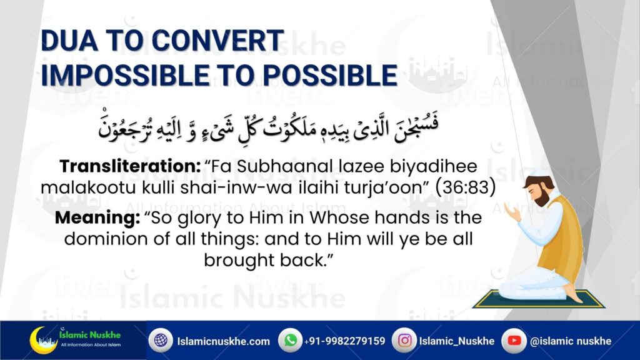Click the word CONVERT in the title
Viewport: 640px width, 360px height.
tap(218, 41)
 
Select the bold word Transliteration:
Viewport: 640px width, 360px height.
tap(130, 166)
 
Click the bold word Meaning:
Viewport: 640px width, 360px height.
tap(97, 217)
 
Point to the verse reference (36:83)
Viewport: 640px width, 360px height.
tap(466, 187)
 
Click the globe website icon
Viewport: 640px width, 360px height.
tap(161, 340)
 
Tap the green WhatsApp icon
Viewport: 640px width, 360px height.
tap(290, 340)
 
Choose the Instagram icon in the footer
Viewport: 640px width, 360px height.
tap(404, 340)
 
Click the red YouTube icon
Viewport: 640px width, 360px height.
tap(514, 340)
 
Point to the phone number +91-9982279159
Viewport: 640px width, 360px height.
tap(344, 341)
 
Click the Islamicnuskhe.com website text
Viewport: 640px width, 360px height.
tap(223, 341)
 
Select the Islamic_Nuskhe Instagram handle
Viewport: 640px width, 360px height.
tap(457, 341)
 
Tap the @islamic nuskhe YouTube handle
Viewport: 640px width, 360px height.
tap(571, 341)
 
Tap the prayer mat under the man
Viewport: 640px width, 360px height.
tap(538, 300)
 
